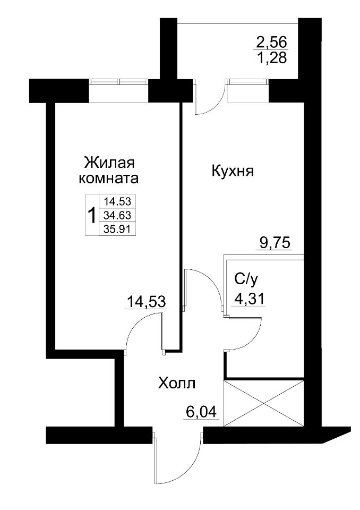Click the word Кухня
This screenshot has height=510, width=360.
tap(233, 171)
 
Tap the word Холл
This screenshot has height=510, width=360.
tap(177, 383)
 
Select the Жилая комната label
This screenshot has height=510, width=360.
tap(109, 171)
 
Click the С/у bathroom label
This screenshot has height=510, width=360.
tap(248, 279)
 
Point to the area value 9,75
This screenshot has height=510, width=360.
tap(274, 243)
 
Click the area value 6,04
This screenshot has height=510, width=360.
tap(201, 412)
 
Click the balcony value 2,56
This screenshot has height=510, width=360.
tap(271, 42)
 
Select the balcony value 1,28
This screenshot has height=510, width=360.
tap(271, 58)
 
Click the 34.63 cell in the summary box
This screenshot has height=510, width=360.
tap(117, 215)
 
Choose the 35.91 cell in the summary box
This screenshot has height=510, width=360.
tap(117, 229)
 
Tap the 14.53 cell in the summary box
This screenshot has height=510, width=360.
tap(117, 202)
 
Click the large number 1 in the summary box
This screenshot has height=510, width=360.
tap(92, 215)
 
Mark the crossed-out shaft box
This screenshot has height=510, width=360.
tap(264, 403)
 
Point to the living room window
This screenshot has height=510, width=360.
tap(118, 90)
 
